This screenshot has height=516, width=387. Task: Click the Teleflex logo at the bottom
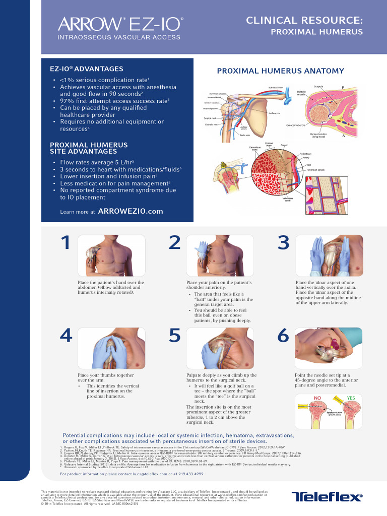(327, 497)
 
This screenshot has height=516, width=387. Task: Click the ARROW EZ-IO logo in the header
(120, 24)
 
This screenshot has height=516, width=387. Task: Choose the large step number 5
(174, 336)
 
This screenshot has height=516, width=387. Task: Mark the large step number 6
(284, 336)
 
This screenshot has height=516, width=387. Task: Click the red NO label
(318, 398)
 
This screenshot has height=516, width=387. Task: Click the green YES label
(351, 398)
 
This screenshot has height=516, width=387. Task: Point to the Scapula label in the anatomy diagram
(318, 86)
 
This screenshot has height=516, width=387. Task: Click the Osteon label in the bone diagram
(284, 145)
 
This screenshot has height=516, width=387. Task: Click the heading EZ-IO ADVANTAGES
(87, 69)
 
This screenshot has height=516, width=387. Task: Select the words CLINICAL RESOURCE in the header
(304, 20)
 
